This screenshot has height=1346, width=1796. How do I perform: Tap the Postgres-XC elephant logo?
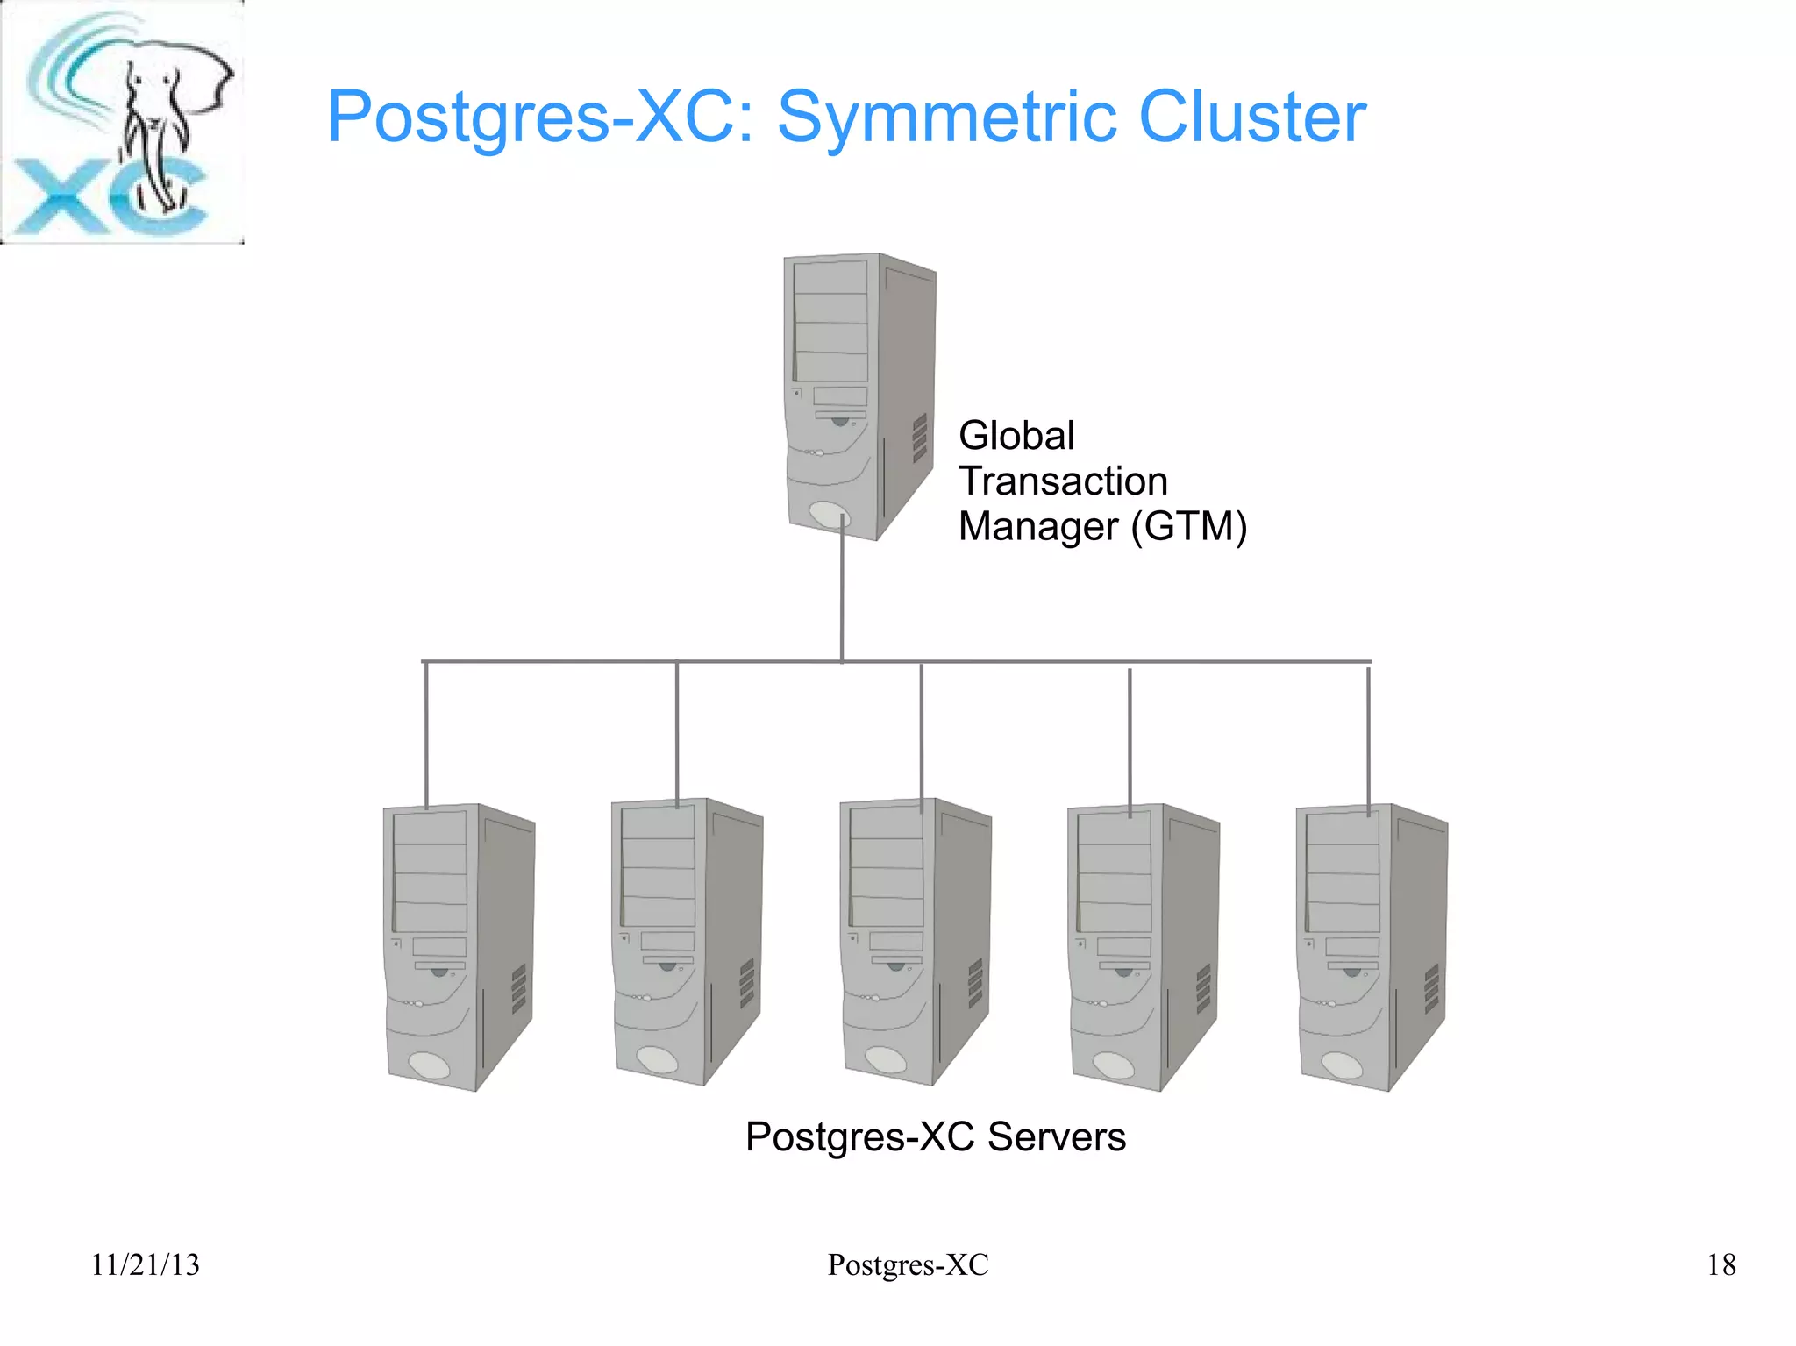pyautogui.click(x=123, y=123)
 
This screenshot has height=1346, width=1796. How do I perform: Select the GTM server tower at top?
pyautogui.click(x=858, y=395)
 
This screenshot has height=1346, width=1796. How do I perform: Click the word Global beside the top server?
pyautogui.click(x=1016, y=436)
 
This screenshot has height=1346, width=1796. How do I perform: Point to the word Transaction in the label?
pyautogui.click(x=1063, y=481)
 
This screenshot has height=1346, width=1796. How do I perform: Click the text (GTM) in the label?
pyautogui.click(x=1188, y=527)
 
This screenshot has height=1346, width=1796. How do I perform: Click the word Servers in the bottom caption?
pyautogui.click(x=1056, y=1137)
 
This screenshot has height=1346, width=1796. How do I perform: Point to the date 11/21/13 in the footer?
pyautogui.click(x=146, y=1264)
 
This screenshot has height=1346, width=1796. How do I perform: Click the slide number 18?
pyautogui.click(x=1721, y=1264)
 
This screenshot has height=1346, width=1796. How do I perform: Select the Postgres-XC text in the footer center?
pyautogui.click(x=908, y=1264)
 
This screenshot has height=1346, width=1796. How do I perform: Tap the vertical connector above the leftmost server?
pyautogui.click(x=426, y=732)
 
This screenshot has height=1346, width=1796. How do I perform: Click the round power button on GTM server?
pyautogui.click(x=830, y=515)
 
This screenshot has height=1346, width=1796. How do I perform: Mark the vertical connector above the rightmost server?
pyautogui.click(x=1368, y=737)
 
